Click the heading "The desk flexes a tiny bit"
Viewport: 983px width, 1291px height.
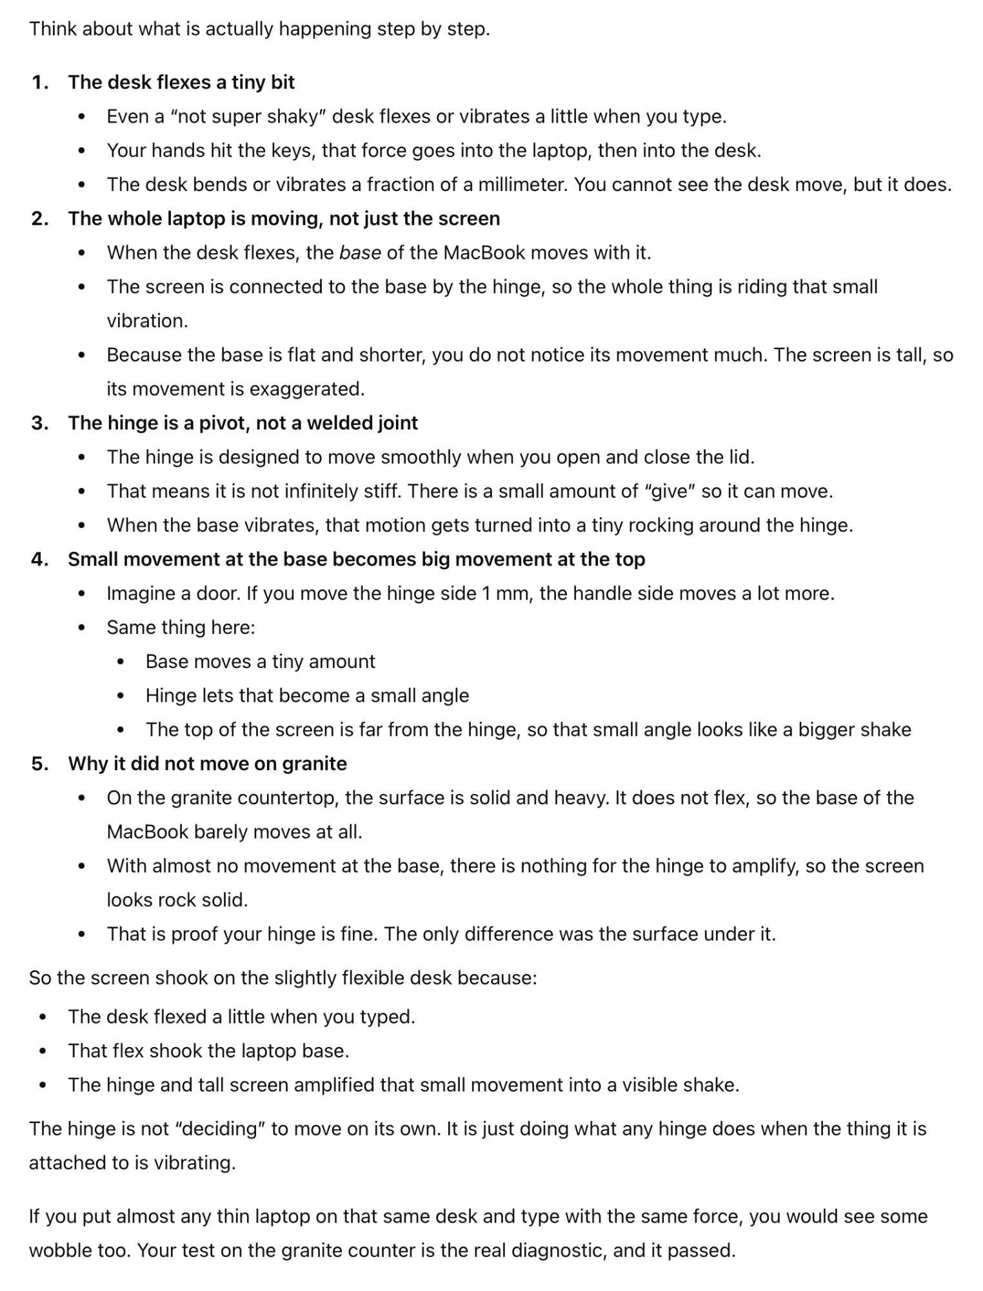coord(181,83)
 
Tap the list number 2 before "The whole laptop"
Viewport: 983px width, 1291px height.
coord(40,219)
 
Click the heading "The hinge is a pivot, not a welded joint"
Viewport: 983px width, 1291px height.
coord(243,423)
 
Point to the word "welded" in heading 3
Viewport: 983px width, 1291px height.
coord(336,423)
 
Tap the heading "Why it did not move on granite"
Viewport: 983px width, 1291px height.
coord(207,764)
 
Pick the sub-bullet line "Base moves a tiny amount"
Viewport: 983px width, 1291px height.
coord(260,662)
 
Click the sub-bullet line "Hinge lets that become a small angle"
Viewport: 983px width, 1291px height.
coord(307,696)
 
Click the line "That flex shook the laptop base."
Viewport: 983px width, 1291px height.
coord(208,1051)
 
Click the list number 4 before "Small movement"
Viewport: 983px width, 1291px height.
coord(40,560)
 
